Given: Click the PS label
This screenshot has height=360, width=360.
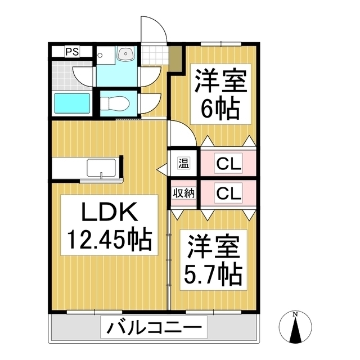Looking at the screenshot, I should click(x=71, y=52).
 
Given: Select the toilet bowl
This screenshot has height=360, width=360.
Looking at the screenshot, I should click(x=117, y=103).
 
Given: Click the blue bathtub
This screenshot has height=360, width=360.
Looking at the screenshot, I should click(x=72, y=104).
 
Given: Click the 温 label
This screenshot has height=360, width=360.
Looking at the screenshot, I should click(x=184, y=164).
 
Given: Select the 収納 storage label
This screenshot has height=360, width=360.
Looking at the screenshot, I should click(x=183, y=193).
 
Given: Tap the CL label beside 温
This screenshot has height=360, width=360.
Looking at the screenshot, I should click(x=229, y=164).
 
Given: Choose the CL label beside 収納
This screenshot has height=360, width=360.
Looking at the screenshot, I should click(x=229, y=193).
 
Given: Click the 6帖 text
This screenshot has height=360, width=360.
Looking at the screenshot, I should click(x=220, y=107).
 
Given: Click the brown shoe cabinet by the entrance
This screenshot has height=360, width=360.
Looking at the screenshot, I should click(x=175, y=59).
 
